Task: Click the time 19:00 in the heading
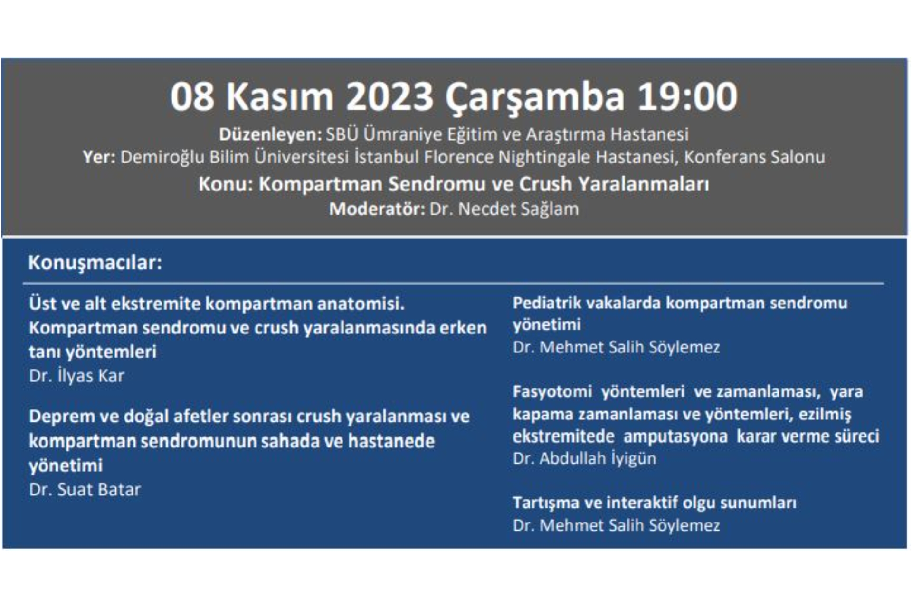coord(687,97)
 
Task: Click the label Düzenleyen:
coord(270,134)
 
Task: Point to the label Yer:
coord(99,157)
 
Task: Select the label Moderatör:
coord(377,209)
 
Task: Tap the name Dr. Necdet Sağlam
coord(504,209)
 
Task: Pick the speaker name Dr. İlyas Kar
coord(76,376)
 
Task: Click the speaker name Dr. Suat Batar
coord(85,490)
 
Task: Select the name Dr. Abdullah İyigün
coord(584,459)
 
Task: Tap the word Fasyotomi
coord(552,392)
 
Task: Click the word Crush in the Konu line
coord(545,184)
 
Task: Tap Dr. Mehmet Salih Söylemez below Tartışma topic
coord(616,525)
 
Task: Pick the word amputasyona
coord(675,437)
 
